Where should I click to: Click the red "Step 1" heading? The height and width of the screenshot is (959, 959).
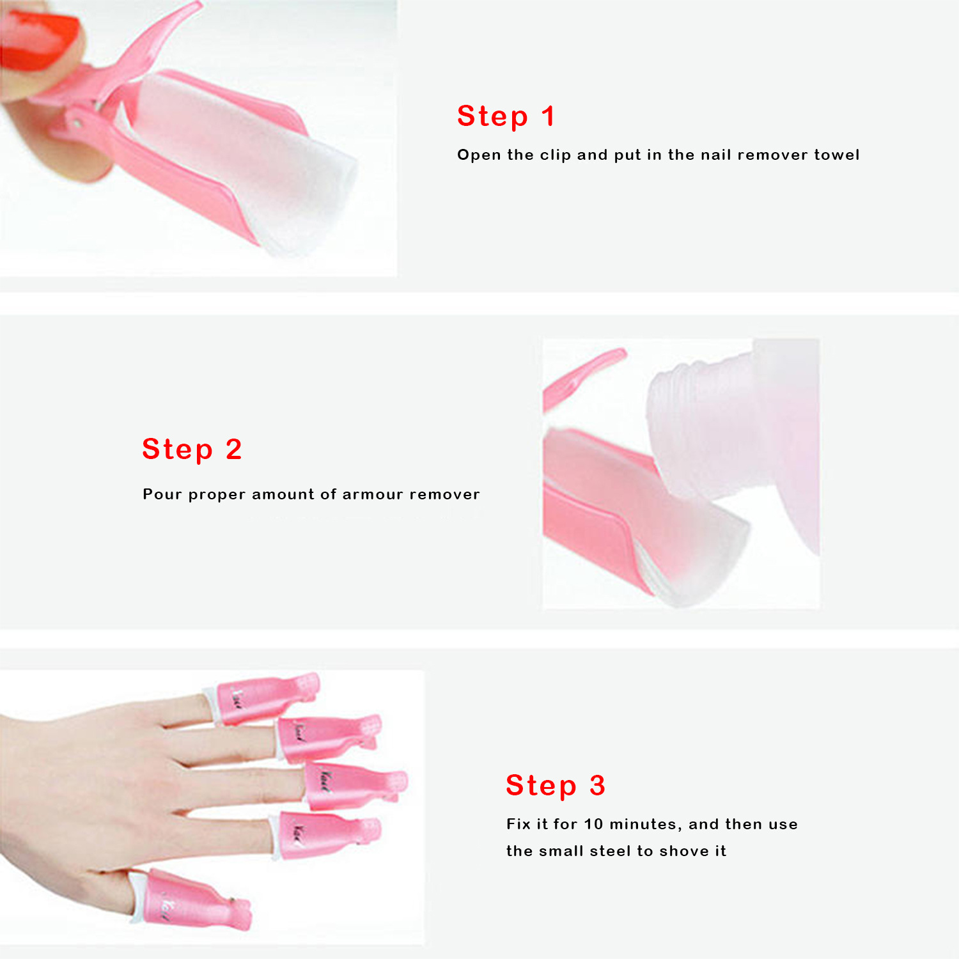506,117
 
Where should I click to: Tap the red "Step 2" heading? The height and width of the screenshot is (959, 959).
192,449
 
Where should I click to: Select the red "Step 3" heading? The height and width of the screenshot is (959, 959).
555,786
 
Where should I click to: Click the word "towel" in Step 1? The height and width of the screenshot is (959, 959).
836,155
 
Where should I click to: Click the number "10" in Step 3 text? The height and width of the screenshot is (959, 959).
593,824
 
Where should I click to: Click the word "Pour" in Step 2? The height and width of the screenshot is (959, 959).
162,494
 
